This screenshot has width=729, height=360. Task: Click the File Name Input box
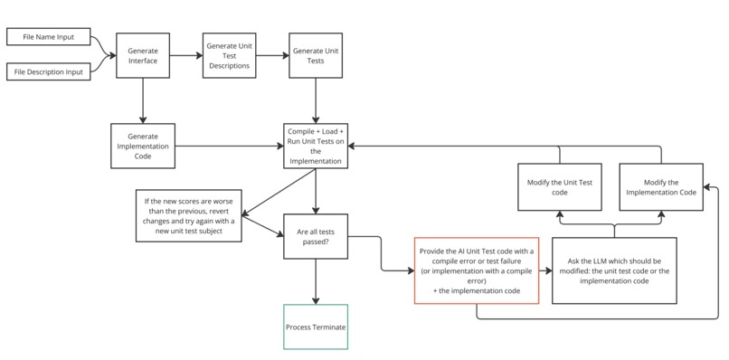pos(49,37)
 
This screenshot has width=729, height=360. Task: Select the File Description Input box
pos(49,70)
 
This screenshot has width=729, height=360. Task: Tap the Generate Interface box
pos(142,55)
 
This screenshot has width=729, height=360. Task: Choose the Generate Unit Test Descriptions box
pos(229,55)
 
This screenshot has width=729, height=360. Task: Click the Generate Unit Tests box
pos(316,55)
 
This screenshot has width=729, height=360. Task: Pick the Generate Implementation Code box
pos(142,144)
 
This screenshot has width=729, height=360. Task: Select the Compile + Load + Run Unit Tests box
pos(316,144)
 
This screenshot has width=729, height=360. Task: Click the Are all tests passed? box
pos(316,237)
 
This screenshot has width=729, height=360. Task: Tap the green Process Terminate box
pos(316,327)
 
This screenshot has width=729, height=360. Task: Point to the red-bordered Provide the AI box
pos(478,270)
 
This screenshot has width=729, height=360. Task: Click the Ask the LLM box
pos(613,270)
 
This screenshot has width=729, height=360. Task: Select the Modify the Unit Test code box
pos(560,187)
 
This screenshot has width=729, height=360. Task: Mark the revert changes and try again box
pos(190,214)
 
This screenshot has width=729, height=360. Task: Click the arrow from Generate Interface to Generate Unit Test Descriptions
pos(186,55)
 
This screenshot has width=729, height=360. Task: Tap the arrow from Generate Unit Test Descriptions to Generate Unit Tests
pos(272,55)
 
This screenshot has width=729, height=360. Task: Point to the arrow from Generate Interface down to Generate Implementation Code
pos(142,99)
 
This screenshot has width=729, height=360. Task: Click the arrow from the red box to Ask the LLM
pos(545,270)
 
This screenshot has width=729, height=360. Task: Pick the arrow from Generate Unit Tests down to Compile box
pos(316,99)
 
